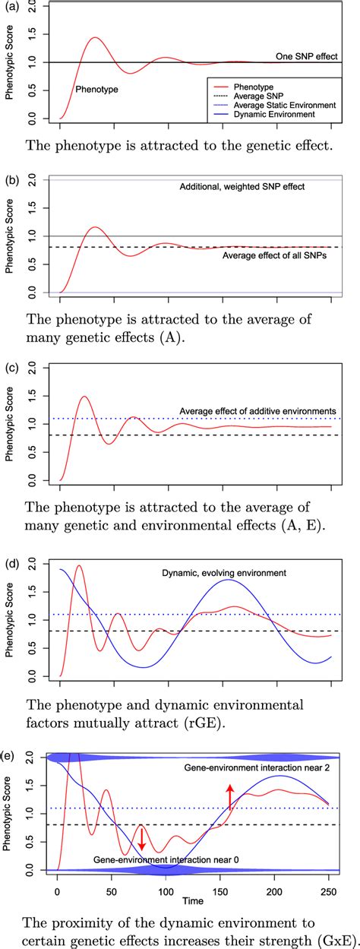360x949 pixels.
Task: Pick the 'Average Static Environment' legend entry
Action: [x=292, y=105]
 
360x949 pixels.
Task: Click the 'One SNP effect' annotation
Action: [x=306, y=56]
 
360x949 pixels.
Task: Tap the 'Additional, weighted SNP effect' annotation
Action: [x=242, y=187]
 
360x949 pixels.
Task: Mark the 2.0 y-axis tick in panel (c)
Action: [x=32, y=369]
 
